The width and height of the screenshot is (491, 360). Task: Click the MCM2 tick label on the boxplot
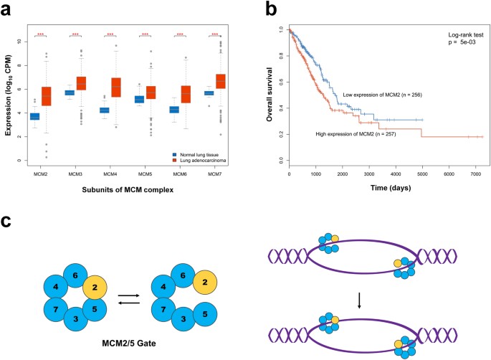coord(41,174)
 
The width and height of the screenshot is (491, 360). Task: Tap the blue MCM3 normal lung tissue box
coord(70,93)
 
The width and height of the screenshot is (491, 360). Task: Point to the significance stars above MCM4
coord(110,34)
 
